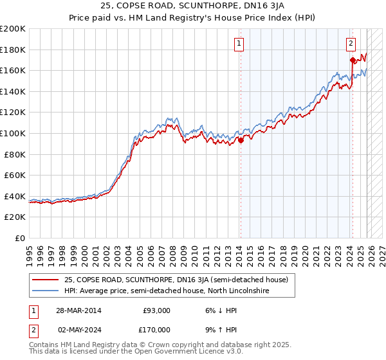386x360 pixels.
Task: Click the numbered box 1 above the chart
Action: click(x=239, y=44)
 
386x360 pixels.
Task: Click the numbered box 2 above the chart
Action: click(x=351, y=44)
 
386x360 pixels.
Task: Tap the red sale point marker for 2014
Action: click(x=241, y=141)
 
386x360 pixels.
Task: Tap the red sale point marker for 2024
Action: click(x=353, y=60)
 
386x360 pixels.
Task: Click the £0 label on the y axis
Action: click(x=19, y=238)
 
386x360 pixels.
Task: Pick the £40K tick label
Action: click(x=15, y=196)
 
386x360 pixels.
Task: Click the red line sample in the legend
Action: click(x=45, y=280)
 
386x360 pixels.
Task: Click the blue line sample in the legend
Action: click(x=45, y=291)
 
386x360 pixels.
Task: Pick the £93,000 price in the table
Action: click(x=156, y=310)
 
